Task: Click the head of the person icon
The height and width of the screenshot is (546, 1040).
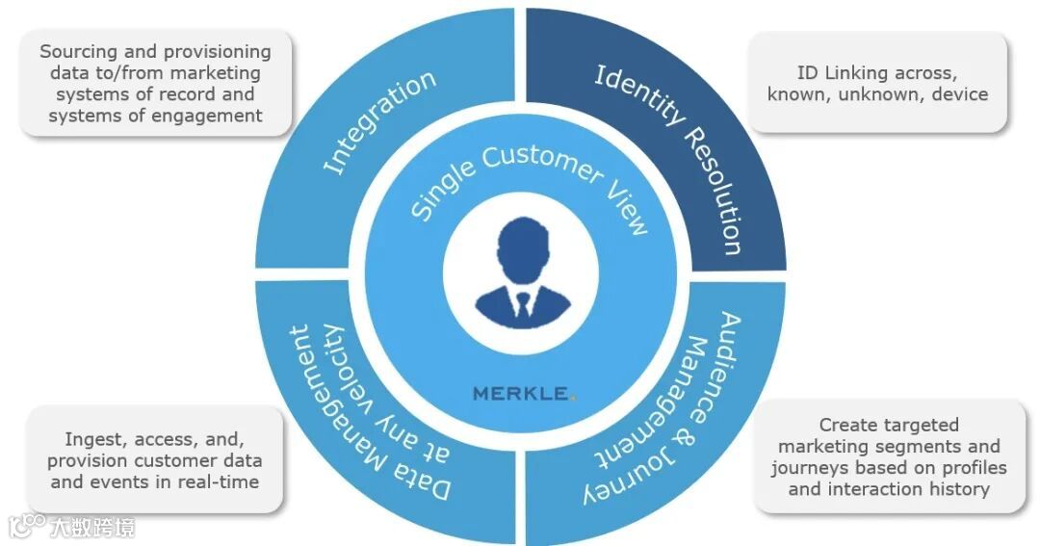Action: (521, 247)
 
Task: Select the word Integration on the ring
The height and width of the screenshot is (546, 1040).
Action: (378, 122)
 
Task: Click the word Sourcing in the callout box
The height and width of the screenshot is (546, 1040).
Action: (78, 52)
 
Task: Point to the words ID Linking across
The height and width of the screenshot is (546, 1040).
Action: (877, 73)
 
